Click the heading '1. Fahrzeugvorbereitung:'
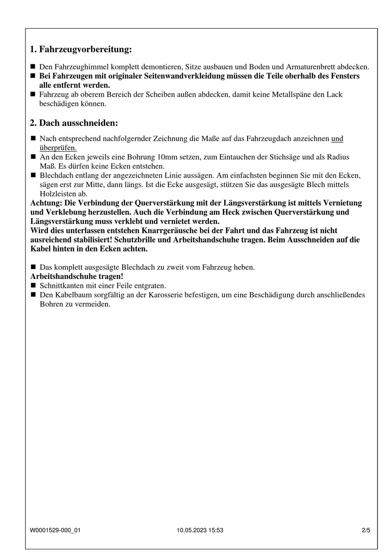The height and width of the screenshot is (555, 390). pos(81,50)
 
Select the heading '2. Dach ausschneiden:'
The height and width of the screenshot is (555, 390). pos(74,123)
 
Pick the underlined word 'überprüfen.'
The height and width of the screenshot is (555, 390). pos(58,148)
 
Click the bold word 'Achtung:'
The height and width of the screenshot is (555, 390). pos(46,203)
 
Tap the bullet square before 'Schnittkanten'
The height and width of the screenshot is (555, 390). pos(33,285)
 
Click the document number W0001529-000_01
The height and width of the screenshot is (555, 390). pos(55,530)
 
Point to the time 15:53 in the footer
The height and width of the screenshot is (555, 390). pos(216,530)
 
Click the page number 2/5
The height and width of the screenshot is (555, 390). pos(366,530)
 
